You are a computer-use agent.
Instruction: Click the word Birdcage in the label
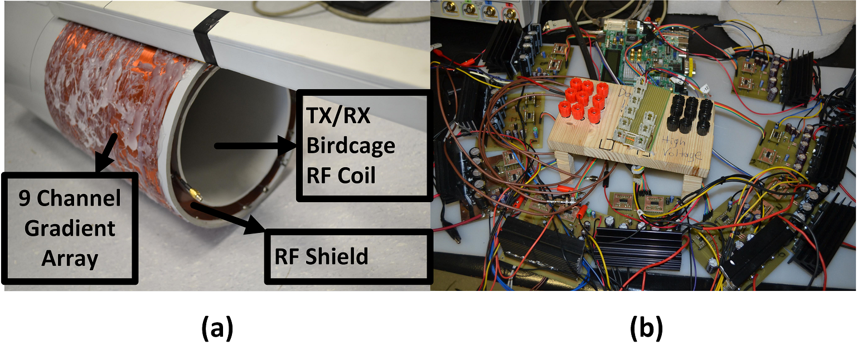(x=351, y=147)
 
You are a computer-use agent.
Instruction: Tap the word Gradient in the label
(x=70, y=228)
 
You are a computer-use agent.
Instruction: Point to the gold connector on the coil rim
(x=195, y=195)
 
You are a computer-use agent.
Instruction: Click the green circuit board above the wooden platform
(x=641, y=56)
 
